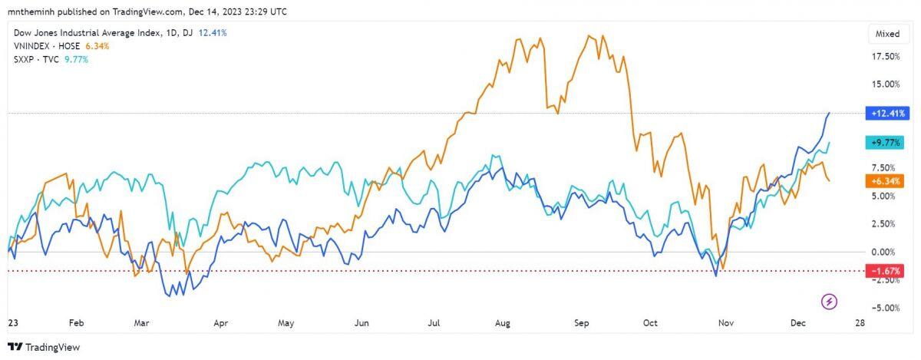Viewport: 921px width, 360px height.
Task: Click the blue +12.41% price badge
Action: tap(888, 114)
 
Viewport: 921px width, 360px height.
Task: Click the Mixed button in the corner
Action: tap(888, 34)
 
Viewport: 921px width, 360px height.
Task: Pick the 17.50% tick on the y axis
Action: tap(886, 57)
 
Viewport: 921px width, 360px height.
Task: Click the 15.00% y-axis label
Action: tap(886, 84)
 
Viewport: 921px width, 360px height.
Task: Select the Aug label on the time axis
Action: tap(503, 323)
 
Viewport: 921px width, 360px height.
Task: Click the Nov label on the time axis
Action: tap(725, 323)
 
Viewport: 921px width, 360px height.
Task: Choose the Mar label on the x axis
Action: tap(141, 323)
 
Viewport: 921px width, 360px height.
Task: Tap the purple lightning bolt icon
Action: tap(830, 301)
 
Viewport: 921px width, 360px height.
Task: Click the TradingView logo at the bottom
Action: tap(44, 347)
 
